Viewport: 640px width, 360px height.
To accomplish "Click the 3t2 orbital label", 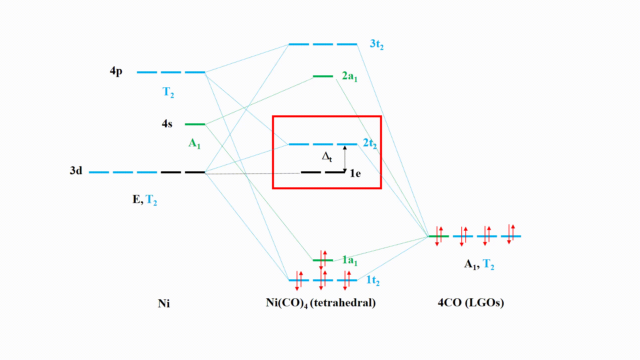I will click(x=376, y=44).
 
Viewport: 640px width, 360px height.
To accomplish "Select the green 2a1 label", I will click(x=349, y=76).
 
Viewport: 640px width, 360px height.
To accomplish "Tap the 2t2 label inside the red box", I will click(x=369, y=143).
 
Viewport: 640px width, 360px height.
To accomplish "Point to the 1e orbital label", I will click(x=355, y=173).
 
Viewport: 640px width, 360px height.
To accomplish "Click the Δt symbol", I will click(x=327, y=157).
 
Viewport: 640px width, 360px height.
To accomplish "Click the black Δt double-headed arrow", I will click(x=345, y=159).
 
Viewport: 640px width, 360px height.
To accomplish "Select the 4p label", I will click(x=116, y=71).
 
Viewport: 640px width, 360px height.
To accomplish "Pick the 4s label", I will click(x=167, y=124).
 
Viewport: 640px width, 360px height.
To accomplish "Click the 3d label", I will click(x=76, y=171).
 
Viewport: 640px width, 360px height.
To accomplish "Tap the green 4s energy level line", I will click(x=195, y=124).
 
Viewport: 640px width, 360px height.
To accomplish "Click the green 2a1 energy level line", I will click(x=323, y=76).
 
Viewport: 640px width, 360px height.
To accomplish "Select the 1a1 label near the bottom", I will click(x=349, y=260).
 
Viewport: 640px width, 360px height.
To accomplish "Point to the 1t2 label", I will click(x=373, y=280).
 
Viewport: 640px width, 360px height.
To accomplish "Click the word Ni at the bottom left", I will click(x=164, y=304).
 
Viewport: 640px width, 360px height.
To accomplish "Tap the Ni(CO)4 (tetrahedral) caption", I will click(x=321, y=303).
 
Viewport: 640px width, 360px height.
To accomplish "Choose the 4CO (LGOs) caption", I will click(x=471, y=303).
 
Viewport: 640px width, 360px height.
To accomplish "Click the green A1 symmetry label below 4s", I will click(x=194, y=143).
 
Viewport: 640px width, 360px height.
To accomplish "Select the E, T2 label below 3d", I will click(x=145, y=200).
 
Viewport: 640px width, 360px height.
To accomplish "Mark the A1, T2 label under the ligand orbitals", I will click(x=479, y=264).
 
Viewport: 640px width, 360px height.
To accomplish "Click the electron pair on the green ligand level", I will click(x=439, y=236).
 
